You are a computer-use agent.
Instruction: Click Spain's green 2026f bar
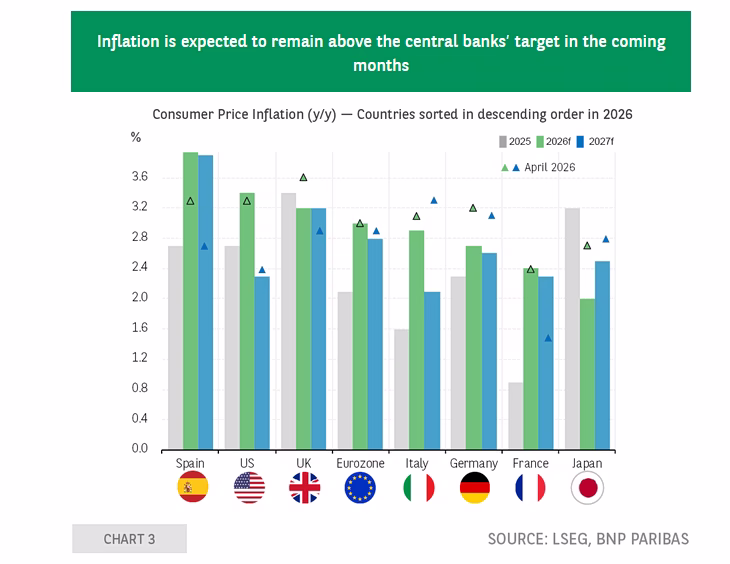[190, 301]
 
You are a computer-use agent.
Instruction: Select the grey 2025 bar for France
[516, 416]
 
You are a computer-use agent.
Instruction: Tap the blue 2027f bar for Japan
[602, 355]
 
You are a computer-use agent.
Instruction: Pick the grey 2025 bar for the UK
[289, 321]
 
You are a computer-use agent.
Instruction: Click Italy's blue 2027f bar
[432, 371]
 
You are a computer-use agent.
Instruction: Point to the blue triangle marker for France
[548, 338]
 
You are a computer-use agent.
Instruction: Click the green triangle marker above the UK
[304, 177]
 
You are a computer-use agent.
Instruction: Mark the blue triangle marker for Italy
[434, 200]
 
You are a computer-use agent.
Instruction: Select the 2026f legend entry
[554, 142]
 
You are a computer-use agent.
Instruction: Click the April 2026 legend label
[550, 167]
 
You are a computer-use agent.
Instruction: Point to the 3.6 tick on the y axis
[140, 177]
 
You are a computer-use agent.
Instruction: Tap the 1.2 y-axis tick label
[140, 358]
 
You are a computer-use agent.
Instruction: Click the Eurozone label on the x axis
[360, 463]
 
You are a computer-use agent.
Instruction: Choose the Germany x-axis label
[474, 464]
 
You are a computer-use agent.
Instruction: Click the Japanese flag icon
[588, 488]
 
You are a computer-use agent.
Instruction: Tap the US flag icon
[249, 488]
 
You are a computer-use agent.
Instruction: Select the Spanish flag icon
[193, 487]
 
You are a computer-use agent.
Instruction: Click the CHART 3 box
[129, 539]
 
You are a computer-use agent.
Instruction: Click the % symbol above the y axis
[135, 137]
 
